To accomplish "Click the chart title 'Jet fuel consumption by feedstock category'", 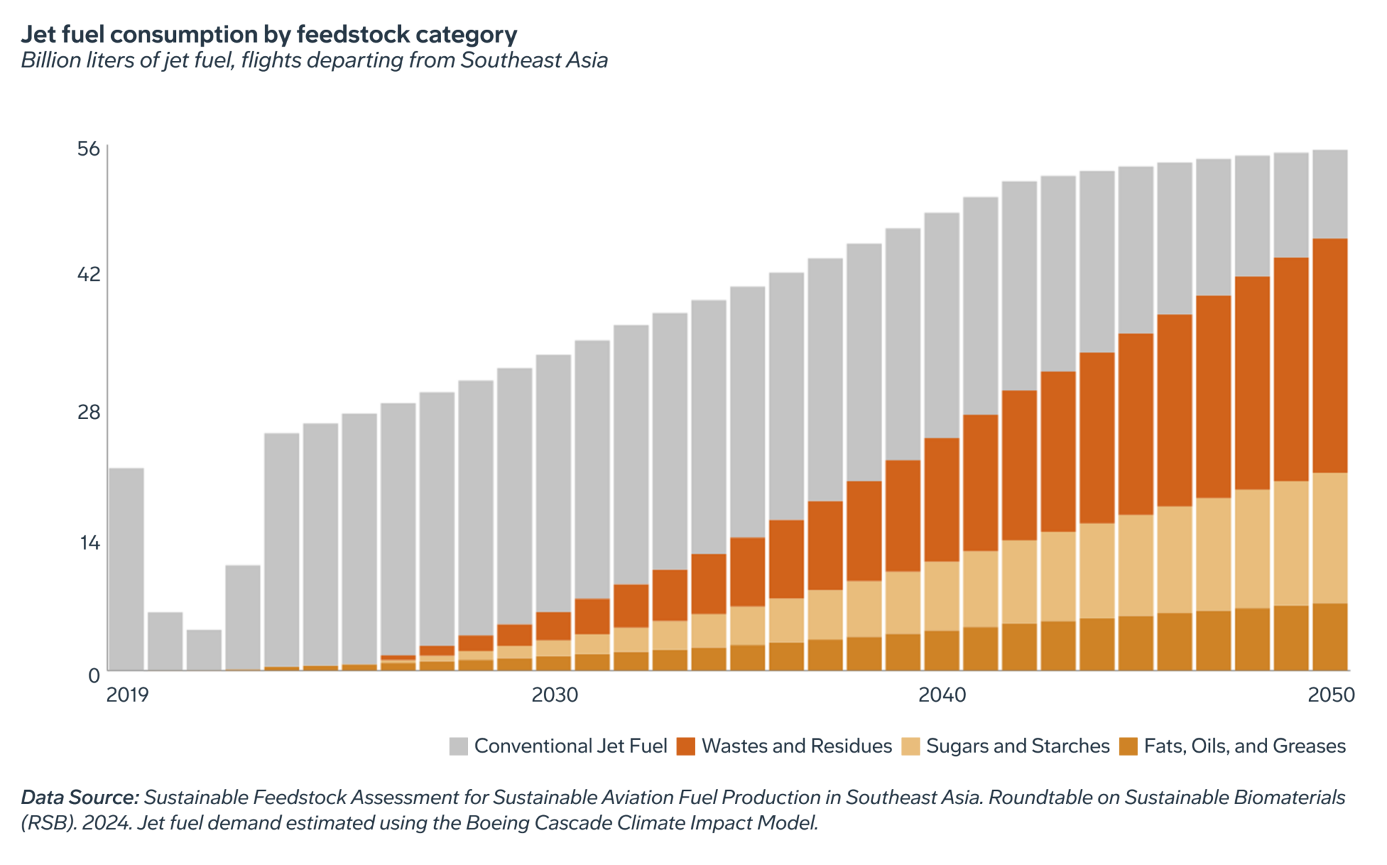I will coord(269,34).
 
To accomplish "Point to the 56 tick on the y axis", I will coord(89,149).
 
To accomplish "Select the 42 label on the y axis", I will coord(89,274).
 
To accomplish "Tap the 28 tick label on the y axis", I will coord(89,412).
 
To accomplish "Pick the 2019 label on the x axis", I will coord(127,695).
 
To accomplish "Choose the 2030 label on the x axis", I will coord(555,695).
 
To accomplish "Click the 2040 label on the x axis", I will coord(942,695).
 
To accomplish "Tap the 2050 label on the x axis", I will coord(1331,695).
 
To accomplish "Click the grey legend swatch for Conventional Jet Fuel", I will coord(458,747).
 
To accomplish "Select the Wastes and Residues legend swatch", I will coord(686,747).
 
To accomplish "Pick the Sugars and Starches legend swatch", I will coord(911,747).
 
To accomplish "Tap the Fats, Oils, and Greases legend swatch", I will coord(1128,747).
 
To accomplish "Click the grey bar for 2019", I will coord(127,569).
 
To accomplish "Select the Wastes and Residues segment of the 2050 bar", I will coord(1330,355).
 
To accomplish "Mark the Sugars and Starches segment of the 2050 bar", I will coord(1330,538).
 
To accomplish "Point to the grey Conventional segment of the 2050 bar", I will coord(1330,194).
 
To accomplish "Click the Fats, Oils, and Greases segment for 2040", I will coord(942,650).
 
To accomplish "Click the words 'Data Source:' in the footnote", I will coord(80,797).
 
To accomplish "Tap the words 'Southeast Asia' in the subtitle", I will coord(534,60).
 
